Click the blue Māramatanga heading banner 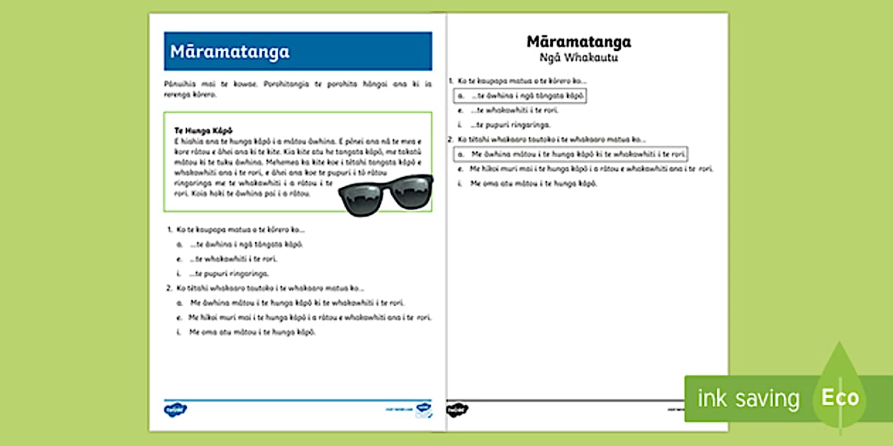298,52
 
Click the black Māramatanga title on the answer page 579,42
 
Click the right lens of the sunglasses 410,193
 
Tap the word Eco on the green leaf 840,397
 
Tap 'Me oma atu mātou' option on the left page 252,332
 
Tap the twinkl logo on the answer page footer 456,409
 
